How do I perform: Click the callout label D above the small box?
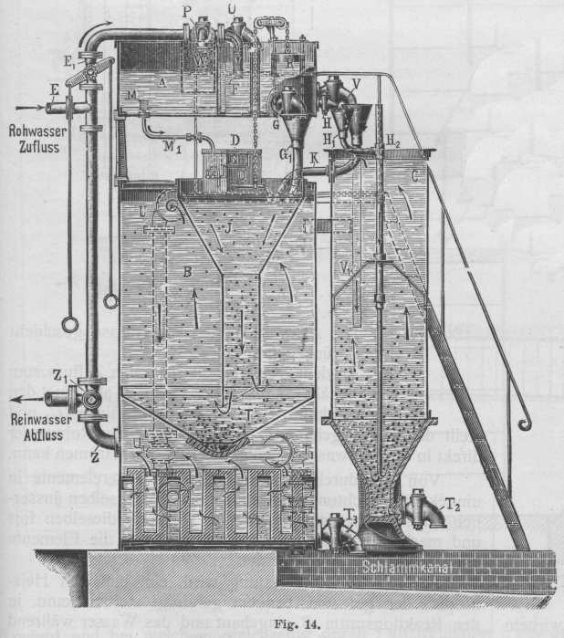(x=234, y=139)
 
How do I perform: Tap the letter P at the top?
(x=187, y=10)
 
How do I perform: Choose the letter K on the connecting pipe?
(x=313, y=156)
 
